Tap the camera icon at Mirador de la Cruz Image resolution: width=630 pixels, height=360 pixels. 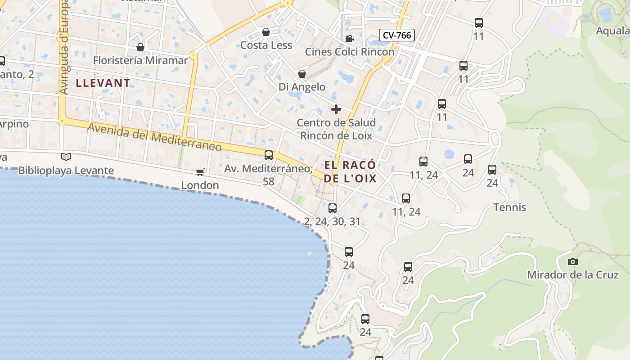(572, 261)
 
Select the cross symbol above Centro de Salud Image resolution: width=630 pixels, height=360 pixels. (336, 109)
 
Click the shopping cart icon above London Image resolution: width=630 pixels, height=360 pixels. (200, 172)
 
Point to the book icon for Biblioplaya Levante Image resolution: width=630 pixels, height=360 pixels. (66, 157)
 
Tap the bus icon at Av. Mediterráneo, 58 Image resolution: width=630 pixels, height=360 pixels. (269, 155)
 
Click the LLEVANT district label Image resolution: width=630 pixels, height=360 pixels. (103, 83)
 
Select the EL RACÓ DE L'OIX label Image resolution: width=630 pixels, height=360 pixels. (350, 172)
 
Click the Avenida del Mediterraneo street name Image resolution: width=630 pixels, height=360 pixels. (154, 138)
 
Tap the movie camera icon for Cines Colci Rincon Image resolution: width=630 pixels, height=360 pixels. (349, 39)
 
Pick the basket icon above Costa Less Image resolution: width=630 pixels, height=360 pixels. (266, 32)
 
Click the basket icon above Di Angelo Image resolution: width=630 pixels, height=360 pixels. (302, 74)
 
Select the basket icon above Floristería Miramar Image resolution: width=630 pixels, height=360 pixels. (140, 47)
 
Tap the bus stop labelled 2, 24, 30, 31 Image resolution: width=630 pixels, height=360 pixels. (333, 208)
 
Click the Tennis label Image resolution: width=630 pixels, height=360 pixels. (510, 207)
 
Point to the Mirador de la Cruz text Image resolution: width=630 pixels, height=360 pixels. (572, 275)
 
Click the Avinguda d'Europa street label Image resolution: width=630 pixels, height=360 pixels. (63, 47)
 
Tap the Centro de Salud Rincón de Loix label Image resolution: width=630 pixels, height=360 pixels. (336, 129)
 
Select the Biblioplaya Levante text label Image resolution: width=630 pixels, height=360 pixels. (66, 171)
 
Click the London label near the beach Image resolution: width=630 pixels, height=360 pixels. (200, 185)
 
